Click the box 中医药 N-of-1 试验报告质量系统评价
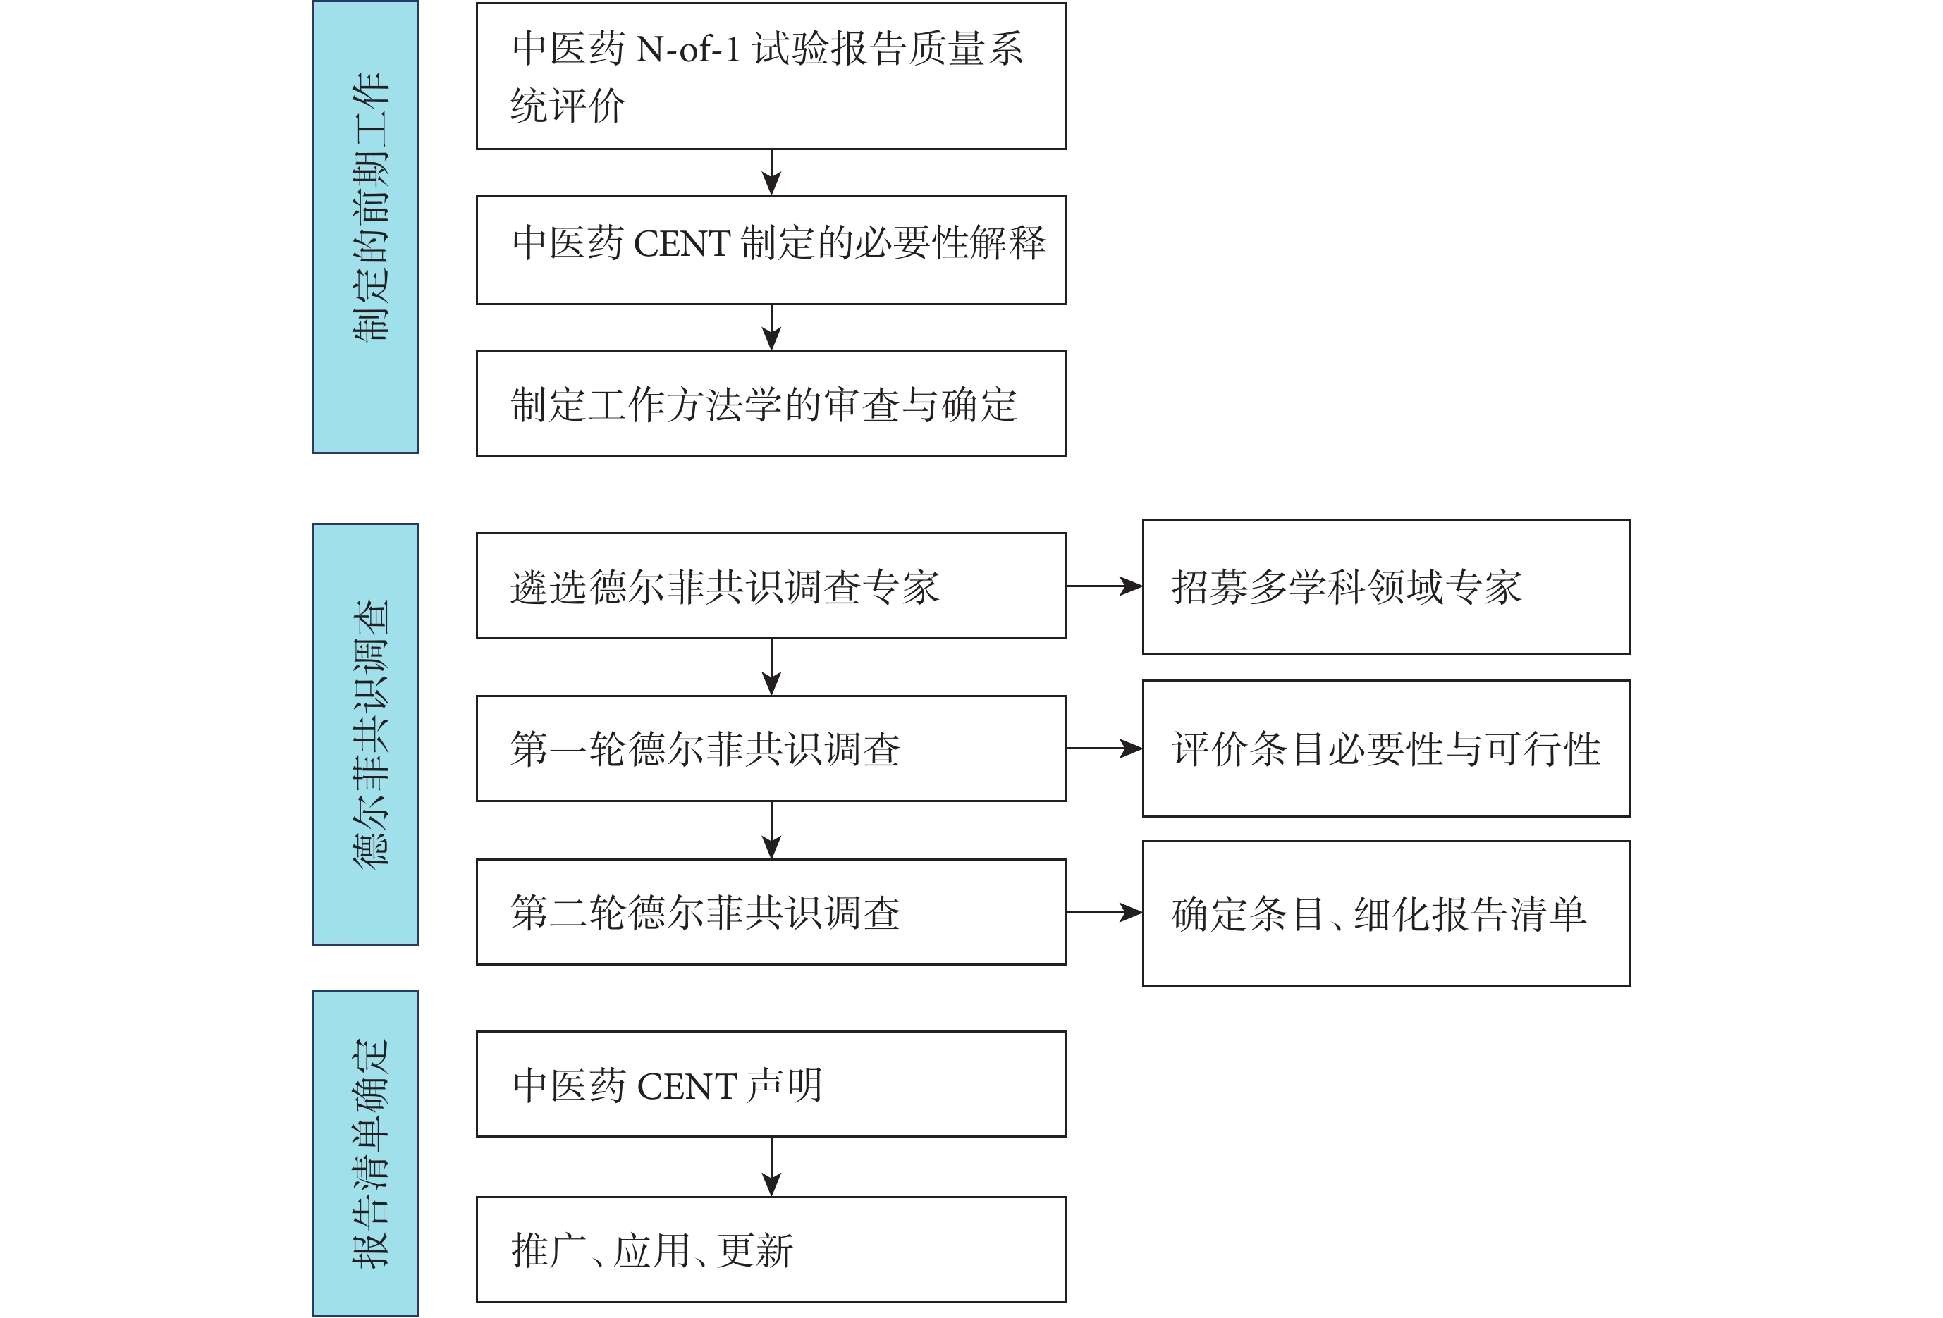(x=771, y=76)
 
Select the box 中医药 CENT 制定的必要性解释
(x=771, y=250)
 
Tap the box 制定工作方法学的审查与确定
(x=771, y=404)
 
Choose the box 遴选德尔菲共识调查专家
(x=771, y=586)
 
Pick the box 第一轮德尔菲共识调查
(x=771, y=749)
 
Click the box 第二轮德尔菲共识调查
(x=771, y=912)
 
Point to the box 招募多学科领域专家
(x=1386, y=586)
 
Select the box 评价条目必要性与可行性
(x=1386, y=749)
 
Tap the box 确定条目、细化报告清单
(x=1386, y=913)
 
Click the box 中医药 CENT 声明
(x=771, y=1084)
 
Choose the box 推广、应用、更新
(x=771, y=1250)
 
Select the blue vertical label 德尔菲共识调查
(x=365, y=734)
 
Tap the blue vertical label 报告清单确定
(x=365, y=1153)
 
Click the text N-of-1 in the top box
(x=688, y=50)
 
